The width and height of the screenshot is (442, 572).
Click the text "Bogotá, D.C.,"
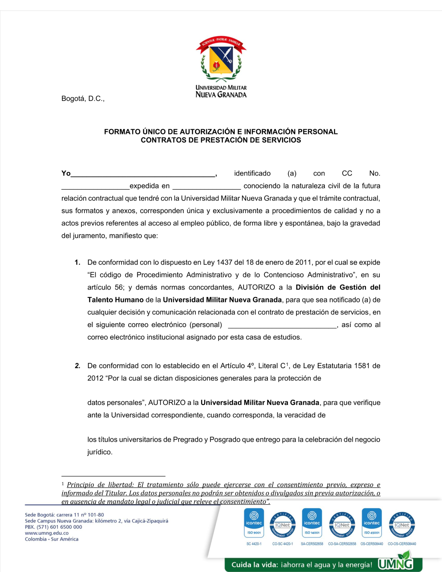83,99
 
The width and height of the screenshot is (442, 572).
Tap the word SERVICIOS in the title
282,140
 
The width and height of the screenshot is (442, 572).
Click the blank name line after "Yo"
143,174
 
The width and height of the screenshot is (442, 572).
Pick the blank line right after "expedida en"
206,186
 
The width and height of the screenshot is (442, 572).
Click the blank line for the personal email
282,325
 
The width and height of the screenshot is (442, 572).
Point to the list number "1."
77,263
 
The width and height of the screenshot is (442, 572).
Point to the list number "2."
77,366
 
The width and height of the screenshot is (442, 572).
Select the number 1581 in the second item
362,366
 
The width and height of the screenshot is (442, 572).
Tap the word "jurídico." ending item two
100,452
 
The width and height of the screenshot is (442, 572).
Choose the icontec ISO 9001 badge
254,522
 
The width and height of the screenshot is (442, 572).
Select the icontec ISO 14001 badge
312,522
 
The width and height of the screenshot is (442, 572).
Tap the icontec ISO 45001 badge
372,522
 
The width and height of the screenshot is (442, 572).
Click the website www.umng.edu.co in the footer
47,533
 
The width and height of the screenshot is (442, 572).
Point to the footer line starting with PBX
53,527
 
